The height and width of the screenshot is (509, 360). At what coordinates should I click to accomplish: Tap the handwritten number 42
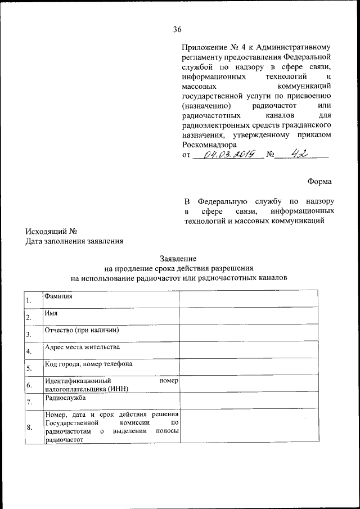[x=300, y=153]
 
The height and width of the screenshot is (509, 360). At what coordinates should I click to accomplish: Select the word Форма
[x=319, y=182]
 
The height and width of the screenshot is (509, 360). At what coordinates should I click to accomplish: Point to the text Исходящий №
[x=51, y=232]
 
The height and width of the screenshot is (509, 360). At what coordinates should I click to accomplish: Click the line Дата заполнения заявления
[x=74, y=242]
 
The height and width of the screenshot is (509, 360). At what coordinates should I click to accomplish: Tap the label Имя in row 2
[x=51, y=313]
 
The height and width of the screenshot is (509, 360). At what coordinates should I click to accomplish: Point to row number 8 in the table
[x=29, y=428]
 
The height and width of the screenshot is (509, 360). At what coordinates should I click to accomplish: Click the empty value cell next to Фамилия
[x=249, y=299]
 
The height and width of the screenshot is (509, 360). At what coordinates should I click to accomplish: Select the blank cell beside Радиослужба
[x=249, y=402]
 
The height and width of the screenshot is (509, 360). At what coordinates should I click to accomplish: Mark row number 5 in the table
[x=29, y=369]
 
